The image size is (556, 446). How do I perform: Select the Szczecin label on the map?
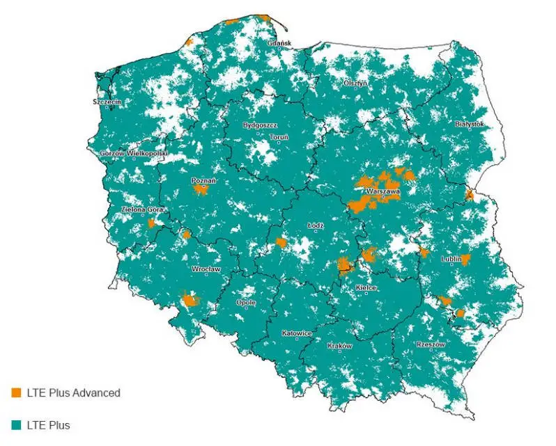click(107, 102)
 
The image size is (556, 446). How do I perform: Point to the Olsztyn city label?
click(355, 83)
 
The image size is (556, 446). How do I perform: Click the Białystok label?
click(469, 124)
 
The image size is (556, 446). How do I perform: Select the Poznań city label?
click(203, 180)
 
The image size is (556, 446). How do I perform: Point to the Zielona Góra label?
click(141, 209)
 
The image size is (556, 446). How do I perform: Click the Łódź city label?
click(316, 226)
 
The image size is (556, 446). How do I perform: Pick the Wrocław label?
click(206, 269)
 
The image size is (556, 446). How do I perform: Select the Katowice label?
click(297, 333)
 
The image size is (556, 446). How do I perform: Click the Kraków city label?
click(340, 346)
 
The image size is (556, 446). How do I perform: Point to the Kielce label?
click(366, 287)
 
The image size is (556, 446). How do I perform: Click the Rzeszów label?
click(430, 344)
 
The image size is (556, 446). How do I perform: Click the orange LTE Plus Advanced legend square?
click(17, 392)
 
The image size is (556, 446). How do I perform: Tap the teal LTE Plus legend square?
click(17, 424)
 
